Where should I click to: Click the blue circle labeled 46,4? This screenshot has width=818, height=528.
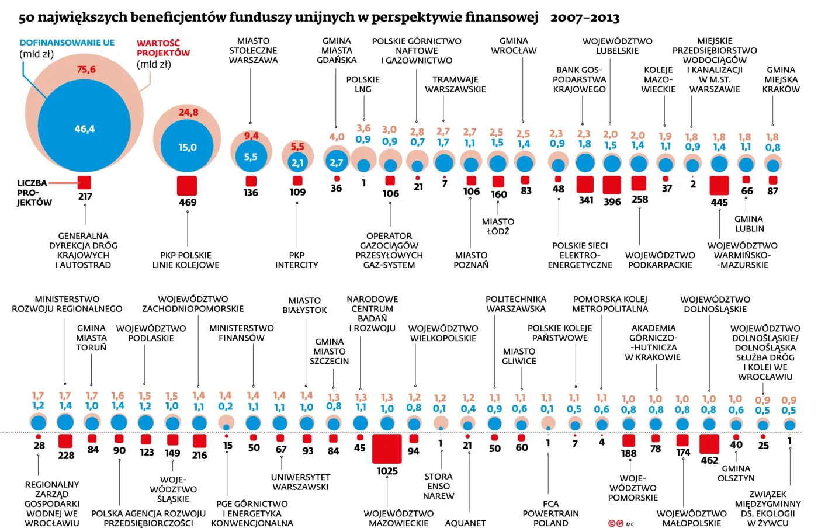[84, 129]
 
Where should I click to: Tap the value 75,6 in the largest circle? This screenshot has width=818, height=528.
[86, 70]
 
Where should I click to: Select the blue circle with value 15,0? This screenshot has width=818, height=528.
[187, 148]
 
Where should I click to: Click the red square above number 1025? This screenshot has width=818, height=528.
[387, 449]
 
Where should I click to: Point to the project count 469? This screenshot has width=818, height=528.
[188, 202]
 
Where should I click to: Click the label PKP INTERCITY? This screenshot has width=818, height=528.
[297, 260]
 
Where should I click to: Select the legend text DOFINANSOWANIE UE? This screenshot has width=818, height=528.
[67, 43]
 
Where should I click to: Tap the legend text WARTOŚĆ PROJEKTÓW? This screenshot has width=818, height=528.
[163, 48]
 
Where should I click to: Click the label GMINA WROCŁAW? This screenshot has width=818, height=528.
[514, 46]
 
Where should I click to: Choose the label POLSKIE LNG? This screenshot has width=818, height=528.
[363, 84]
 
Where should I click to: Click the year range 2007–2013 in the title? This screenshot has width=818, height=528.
[584, 18]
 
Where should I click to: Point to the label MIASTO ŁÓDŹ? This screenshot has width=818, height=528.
[498, 226]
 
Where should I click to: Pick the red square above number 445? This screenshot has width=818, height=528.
[719, 185]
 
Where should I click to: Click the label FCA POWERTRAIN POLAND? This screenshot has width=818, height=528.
[550, 513]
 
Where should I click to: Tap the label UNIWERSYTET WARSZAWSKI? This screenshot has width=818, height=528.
[300, 482]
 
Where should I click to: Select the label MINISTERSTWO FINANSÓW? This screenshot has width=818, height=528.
[241, 333]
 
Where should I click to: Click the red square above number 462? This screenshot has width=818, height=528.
[709, 444]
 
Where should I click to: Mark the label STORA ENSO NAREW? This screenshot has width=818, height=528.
[438, 486]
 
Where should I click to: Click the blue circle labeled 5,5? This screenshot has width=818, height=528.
[251, 157]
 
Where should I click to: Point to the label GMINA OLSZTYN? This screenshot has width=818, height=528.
[736, 473]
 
